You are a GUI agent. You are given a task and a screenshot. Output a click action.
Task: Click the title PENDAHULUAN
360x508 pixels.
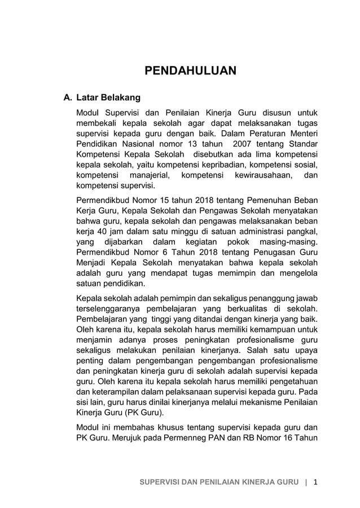(x=190, y=70)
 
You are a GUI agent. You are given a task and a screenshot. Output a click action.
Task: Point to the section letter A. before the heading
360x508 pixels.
(x=67, y=98)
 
